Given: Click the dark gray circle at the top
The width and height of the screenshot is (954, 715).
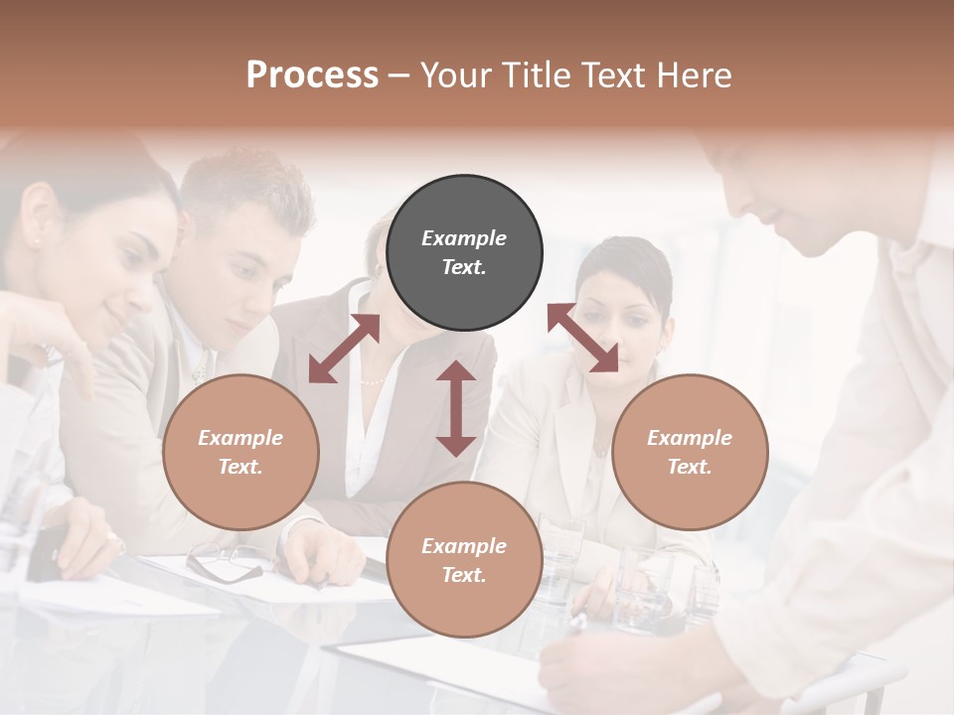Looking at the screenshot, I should [x=464, y=252].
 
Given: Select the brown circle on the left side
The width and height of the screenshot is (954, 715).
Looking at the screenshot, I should [x=240, y=452].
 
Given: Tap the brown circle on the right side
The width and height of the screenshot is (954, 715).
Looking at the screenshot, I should [x=690, y=452].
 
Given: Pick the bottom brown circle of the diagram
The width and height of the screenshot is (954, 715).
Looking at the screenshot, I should [x=464, y=560].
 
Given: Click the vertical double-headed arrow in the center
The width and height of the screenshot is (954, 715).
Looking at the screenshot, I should [x=456, y=408].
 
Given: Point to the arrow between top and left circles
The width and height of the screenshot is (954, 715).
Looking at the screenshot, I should [x=344, y=349].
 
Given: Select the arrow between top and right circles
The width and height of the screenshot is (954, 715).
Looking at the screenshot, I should [x=583, y=338].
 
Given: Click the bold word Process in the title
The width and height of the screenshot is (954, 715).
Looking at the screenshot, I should [x=312, y=74].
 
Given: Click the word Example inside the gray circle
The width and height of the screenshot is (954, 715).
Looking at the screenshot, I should [x=464, y=238].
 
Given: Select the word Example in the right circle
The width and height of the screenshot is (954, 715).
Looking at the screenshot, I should [x=690, y=438].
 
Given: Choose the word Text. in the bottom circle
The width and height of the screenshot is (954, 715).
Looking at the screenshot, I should [x=464, y=575].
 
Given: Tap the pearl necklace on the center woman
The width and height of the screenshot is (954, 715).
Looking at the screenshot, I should [x=372, y=380].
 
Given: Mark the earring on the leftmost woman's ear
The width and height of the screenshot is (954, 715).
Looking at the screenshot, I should [x=37, y=239].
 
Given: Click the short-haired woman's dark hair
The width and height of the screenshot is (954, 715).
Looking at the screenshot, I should [x=626, y=263].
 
